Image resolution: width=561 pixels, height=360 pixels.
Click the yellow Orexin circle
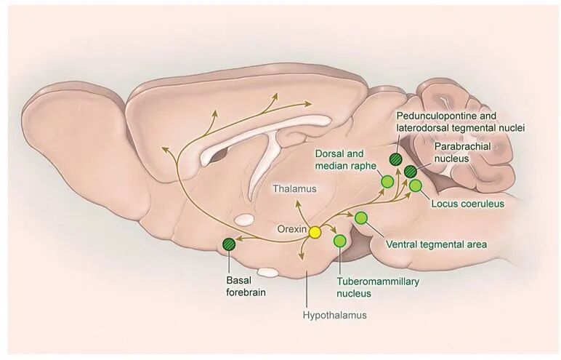coord(315,232)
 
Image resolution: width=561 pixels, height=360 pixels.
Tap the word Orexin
coord(292,228)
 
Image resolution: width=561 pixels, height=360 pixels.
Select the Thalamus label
coord(295,189)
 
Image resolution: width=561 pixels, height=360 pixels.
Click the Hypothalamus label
coord(335,316)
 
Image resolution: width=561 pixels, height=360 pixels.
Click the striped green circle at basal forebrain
coord(230,244)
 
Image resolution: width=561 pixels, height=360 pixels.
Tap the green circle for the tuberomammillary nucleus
coord(339,241)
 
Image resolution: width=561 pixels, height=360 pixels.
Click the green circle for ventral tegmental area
coord(360,217)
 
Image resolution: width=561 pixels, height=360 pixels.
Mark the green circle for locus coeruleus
coord(416,185)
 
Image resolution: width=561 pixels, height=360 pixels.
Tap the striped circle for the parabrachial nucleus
coord(411,172)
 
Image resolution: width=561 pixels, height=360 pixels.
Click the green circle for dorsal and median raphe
coord(388,181)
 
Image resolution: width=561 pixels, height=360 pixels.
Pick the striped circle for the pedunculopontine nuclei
coord(395,160)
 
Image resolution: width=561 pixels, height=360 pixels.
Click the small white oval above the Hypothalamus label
coord(269,272)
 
